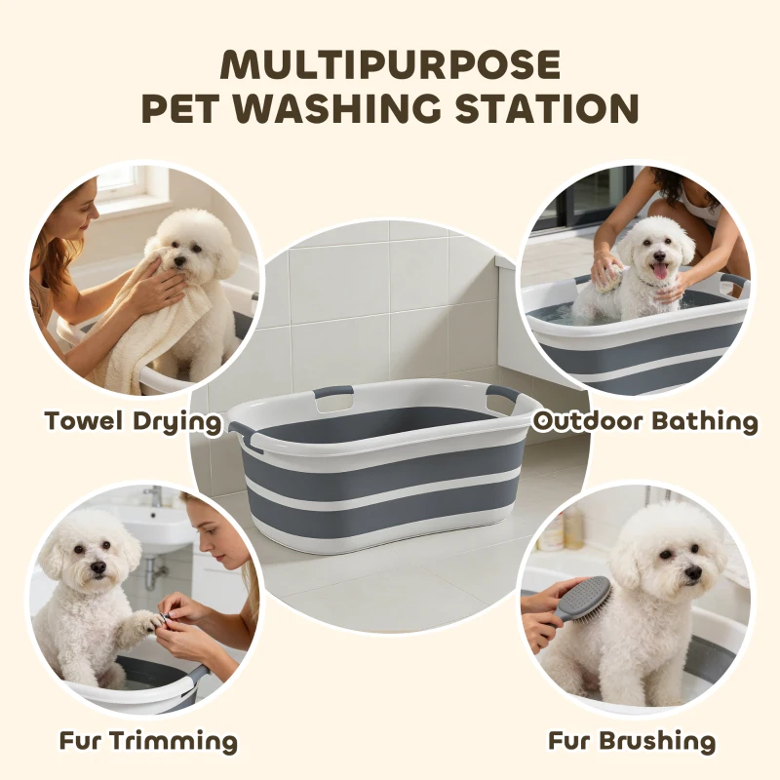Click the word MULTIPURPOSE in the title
click(x=390, y=64)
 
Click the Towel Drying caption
click(x=133, y=422)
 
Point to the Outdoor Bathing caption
click(x=644, y=421)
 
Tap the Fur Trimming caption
click(x=147, y=741)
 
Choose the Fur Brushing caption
click(x=631, y=741)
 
